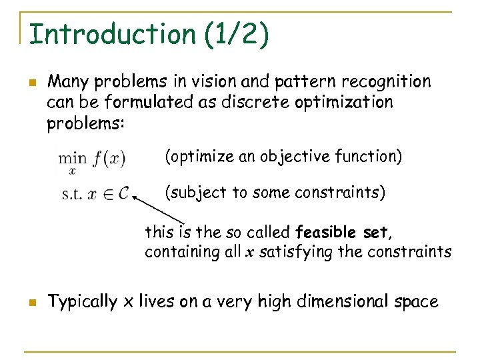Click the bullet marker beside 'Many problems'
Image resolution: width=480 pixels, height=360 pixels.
(x=31, y=83)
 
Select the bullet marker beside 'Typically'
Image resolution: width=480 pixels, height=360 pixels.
(x=31, y=303)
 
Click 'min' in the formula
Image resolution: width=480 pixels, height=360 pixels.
(x=72, y=158)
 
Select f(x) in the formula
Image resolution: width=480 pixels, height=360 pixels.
(x=109, y=159)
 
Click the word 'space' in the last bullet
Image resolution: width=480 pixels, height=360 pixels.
(x=417, y=303)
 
